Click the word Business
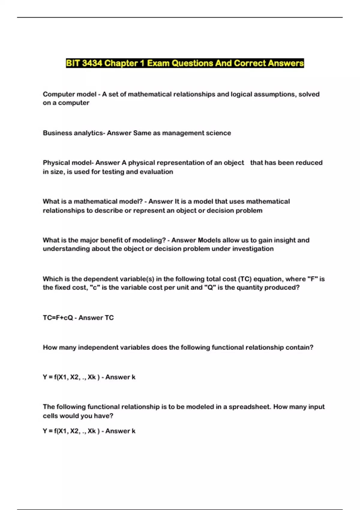point(57,133)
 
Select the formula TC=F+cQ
point(58,318)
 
